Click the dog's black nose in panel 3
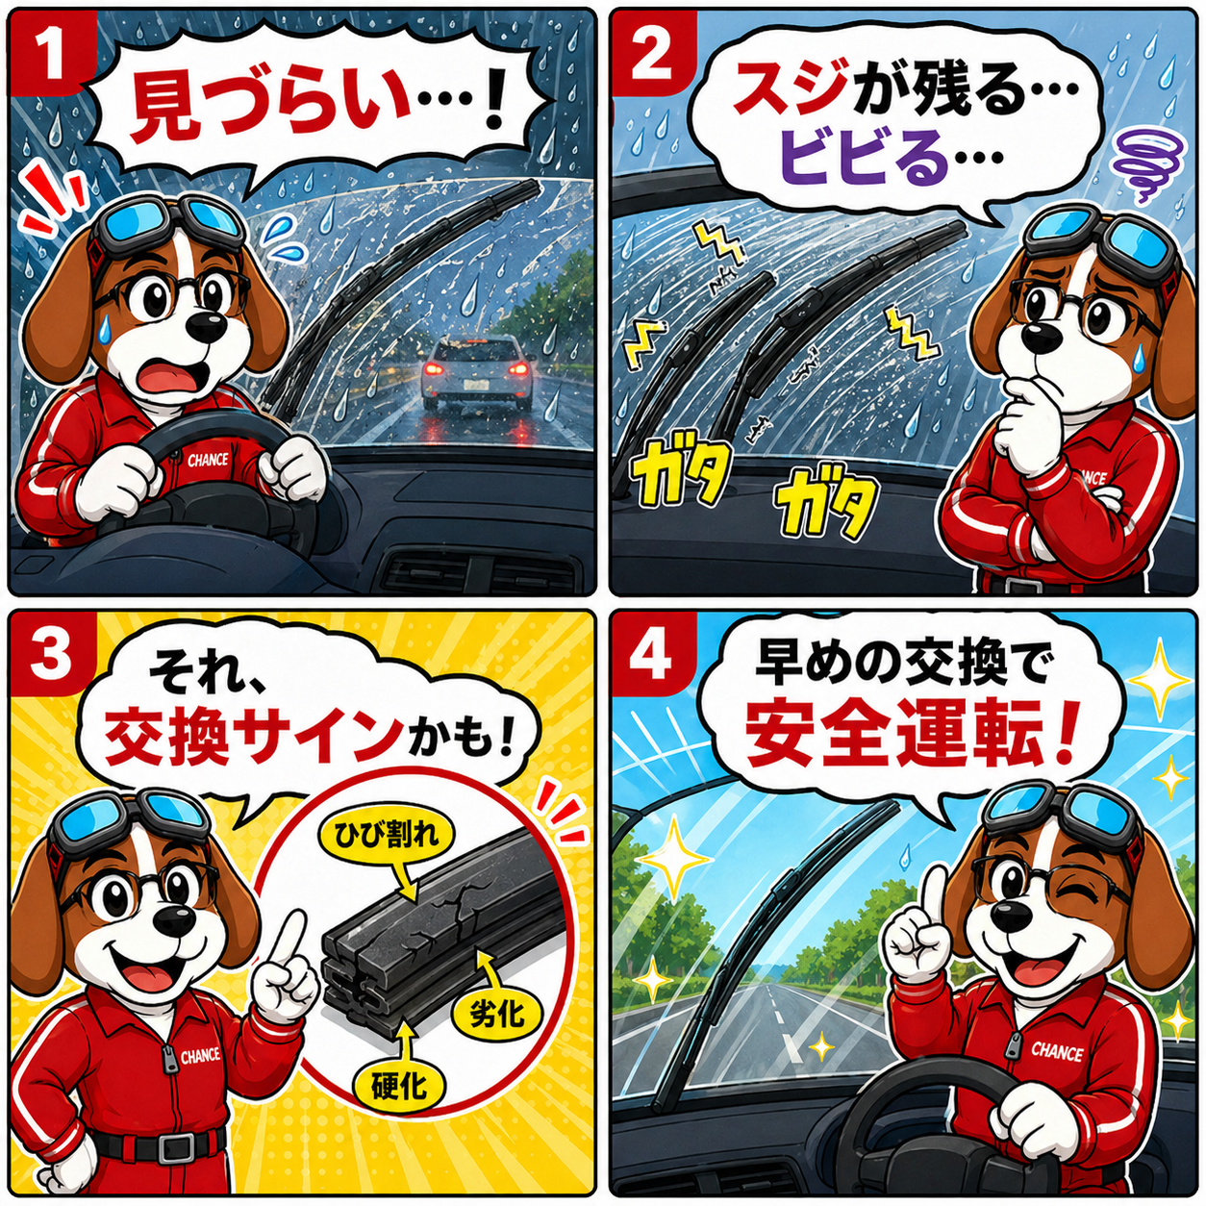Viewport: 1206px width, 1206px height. [168, 921]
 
